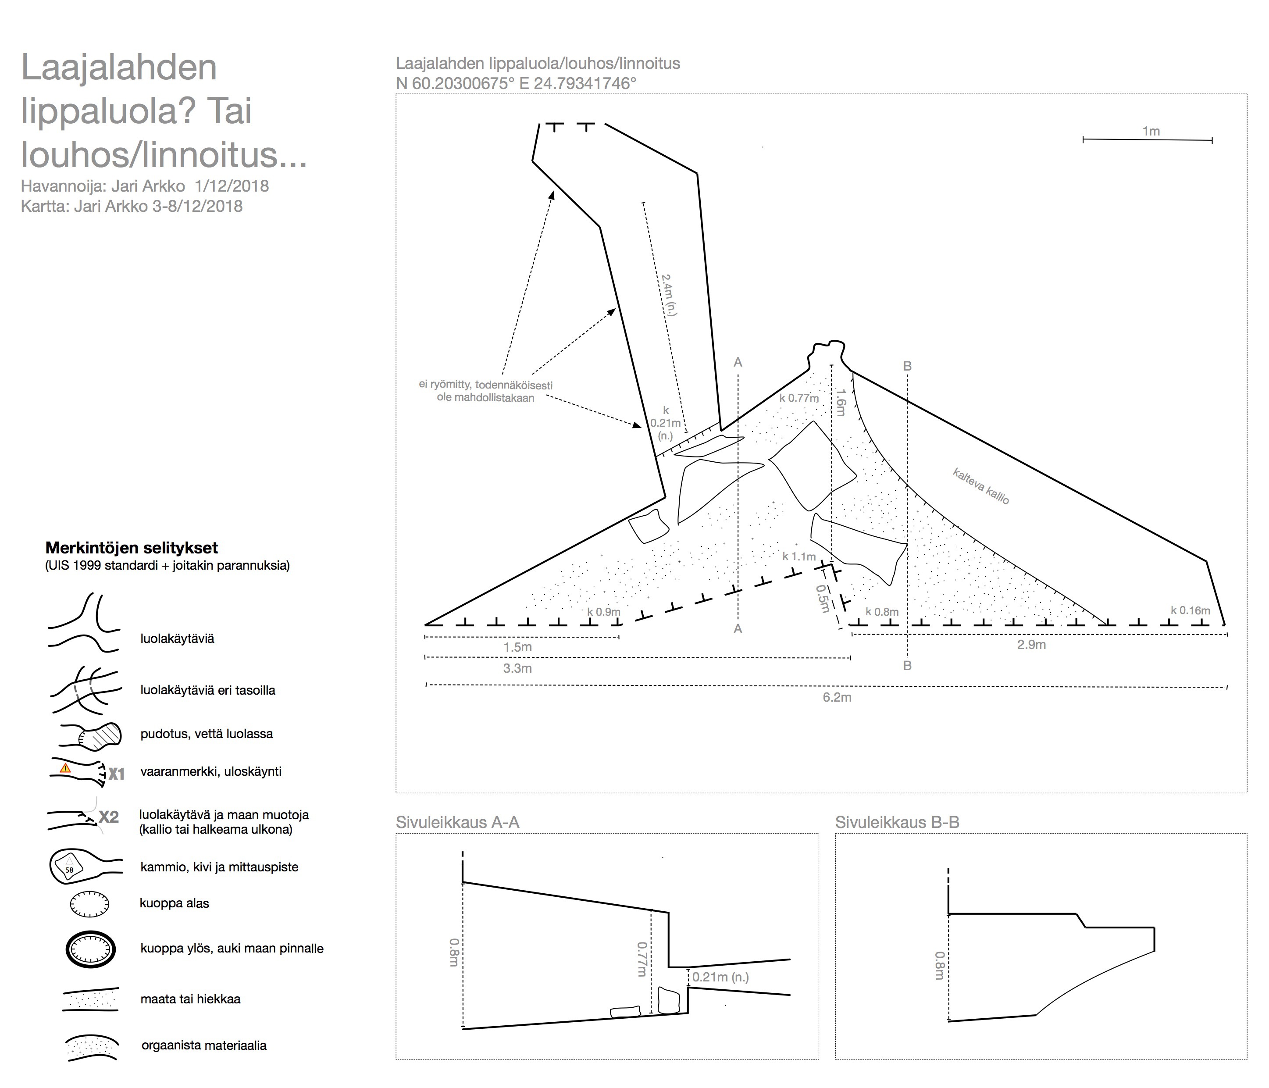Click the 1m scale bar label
coord(1151,131)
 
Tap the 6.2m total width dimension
coord(837,697)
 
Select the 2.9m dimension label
coord(1031,645)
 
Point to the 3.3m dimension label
coord(517,668)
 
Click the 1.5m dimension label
coord(517,647)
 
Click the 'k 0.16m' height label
coord(1190,610)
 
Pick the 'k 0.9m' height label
coord(603,611)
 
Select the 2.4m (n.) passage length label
coord(669,295)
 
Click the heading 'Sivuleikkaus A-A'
coord(457,822)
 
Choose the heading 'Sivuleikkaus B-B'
coord(897,822)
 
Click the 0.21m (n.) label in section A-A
coord(720,977)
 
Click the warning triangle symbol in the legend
coord(65,767)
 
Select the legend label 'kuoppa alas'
coord(175,903)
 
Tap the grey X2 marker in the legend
coord(109,817)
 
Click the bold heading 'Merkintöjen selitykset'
coord(132,548)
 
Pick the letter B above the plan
coord(908,366)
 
